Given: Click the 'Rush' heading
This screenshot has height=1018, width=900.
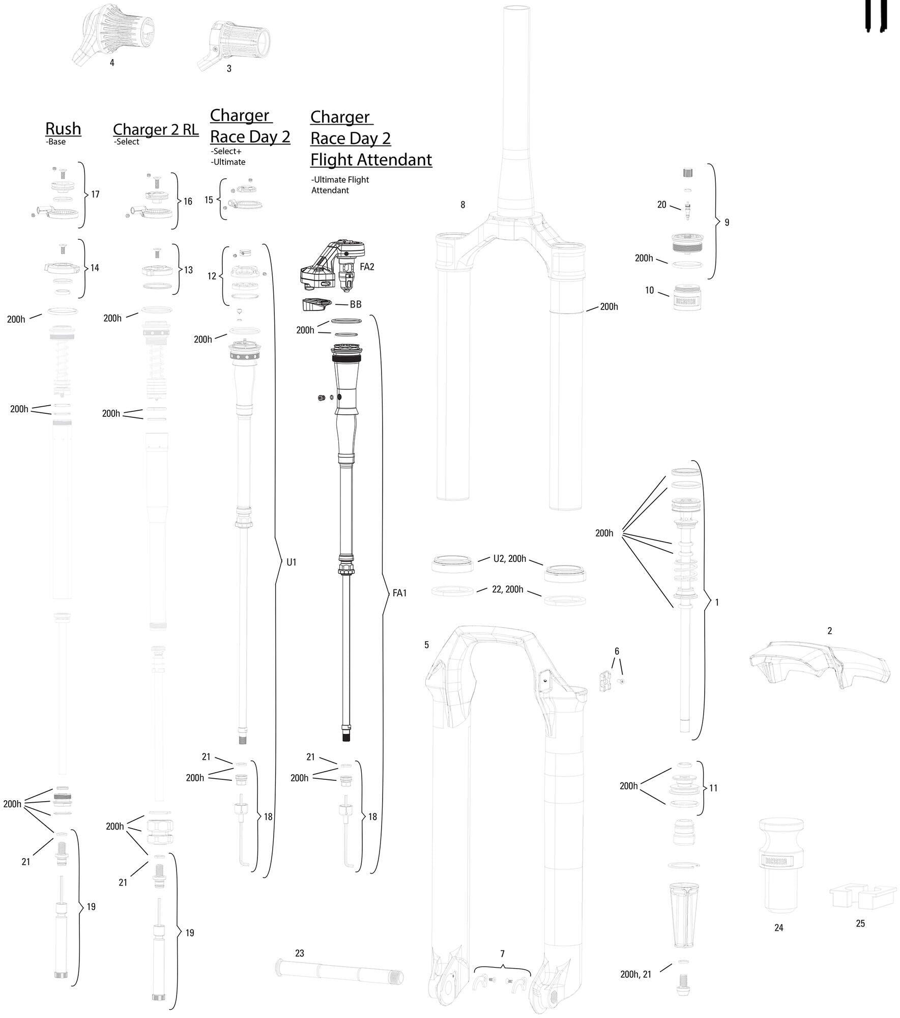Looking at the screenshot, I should click(63, 128).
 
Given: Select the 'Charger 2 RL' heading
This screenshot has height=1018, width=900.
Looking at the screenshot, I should click(155, 129).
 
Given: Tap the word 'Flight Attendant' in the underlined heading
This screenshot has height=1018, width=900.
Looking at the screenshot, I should click(371, 159).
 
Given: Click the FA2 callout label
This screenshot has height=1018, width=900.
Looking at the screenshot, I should click(366, 267).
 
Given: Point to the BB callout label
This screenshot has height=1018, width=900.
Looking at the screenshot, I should click(356, 304).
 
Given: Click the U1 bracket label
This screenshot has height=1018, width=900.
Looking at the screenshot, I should click(291, 562).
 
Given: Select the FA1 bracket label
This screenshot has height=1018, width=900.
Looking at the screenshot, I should click(400, 592).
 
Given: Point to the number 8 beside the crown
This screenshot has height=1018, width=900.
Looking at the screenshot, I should click(462, 205).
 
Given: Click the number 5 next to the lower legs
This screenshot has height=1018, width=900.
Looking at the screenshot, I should click(426, 645).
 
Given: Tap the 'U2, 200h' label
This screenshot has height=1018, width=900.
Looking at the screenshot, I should click(509, 558).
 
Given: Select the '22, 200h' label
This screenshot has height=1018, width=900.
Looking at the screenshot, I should click(507, 589).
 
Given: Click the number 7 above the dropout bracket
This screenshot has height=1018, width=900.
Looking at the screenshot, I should click(502, 953).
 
